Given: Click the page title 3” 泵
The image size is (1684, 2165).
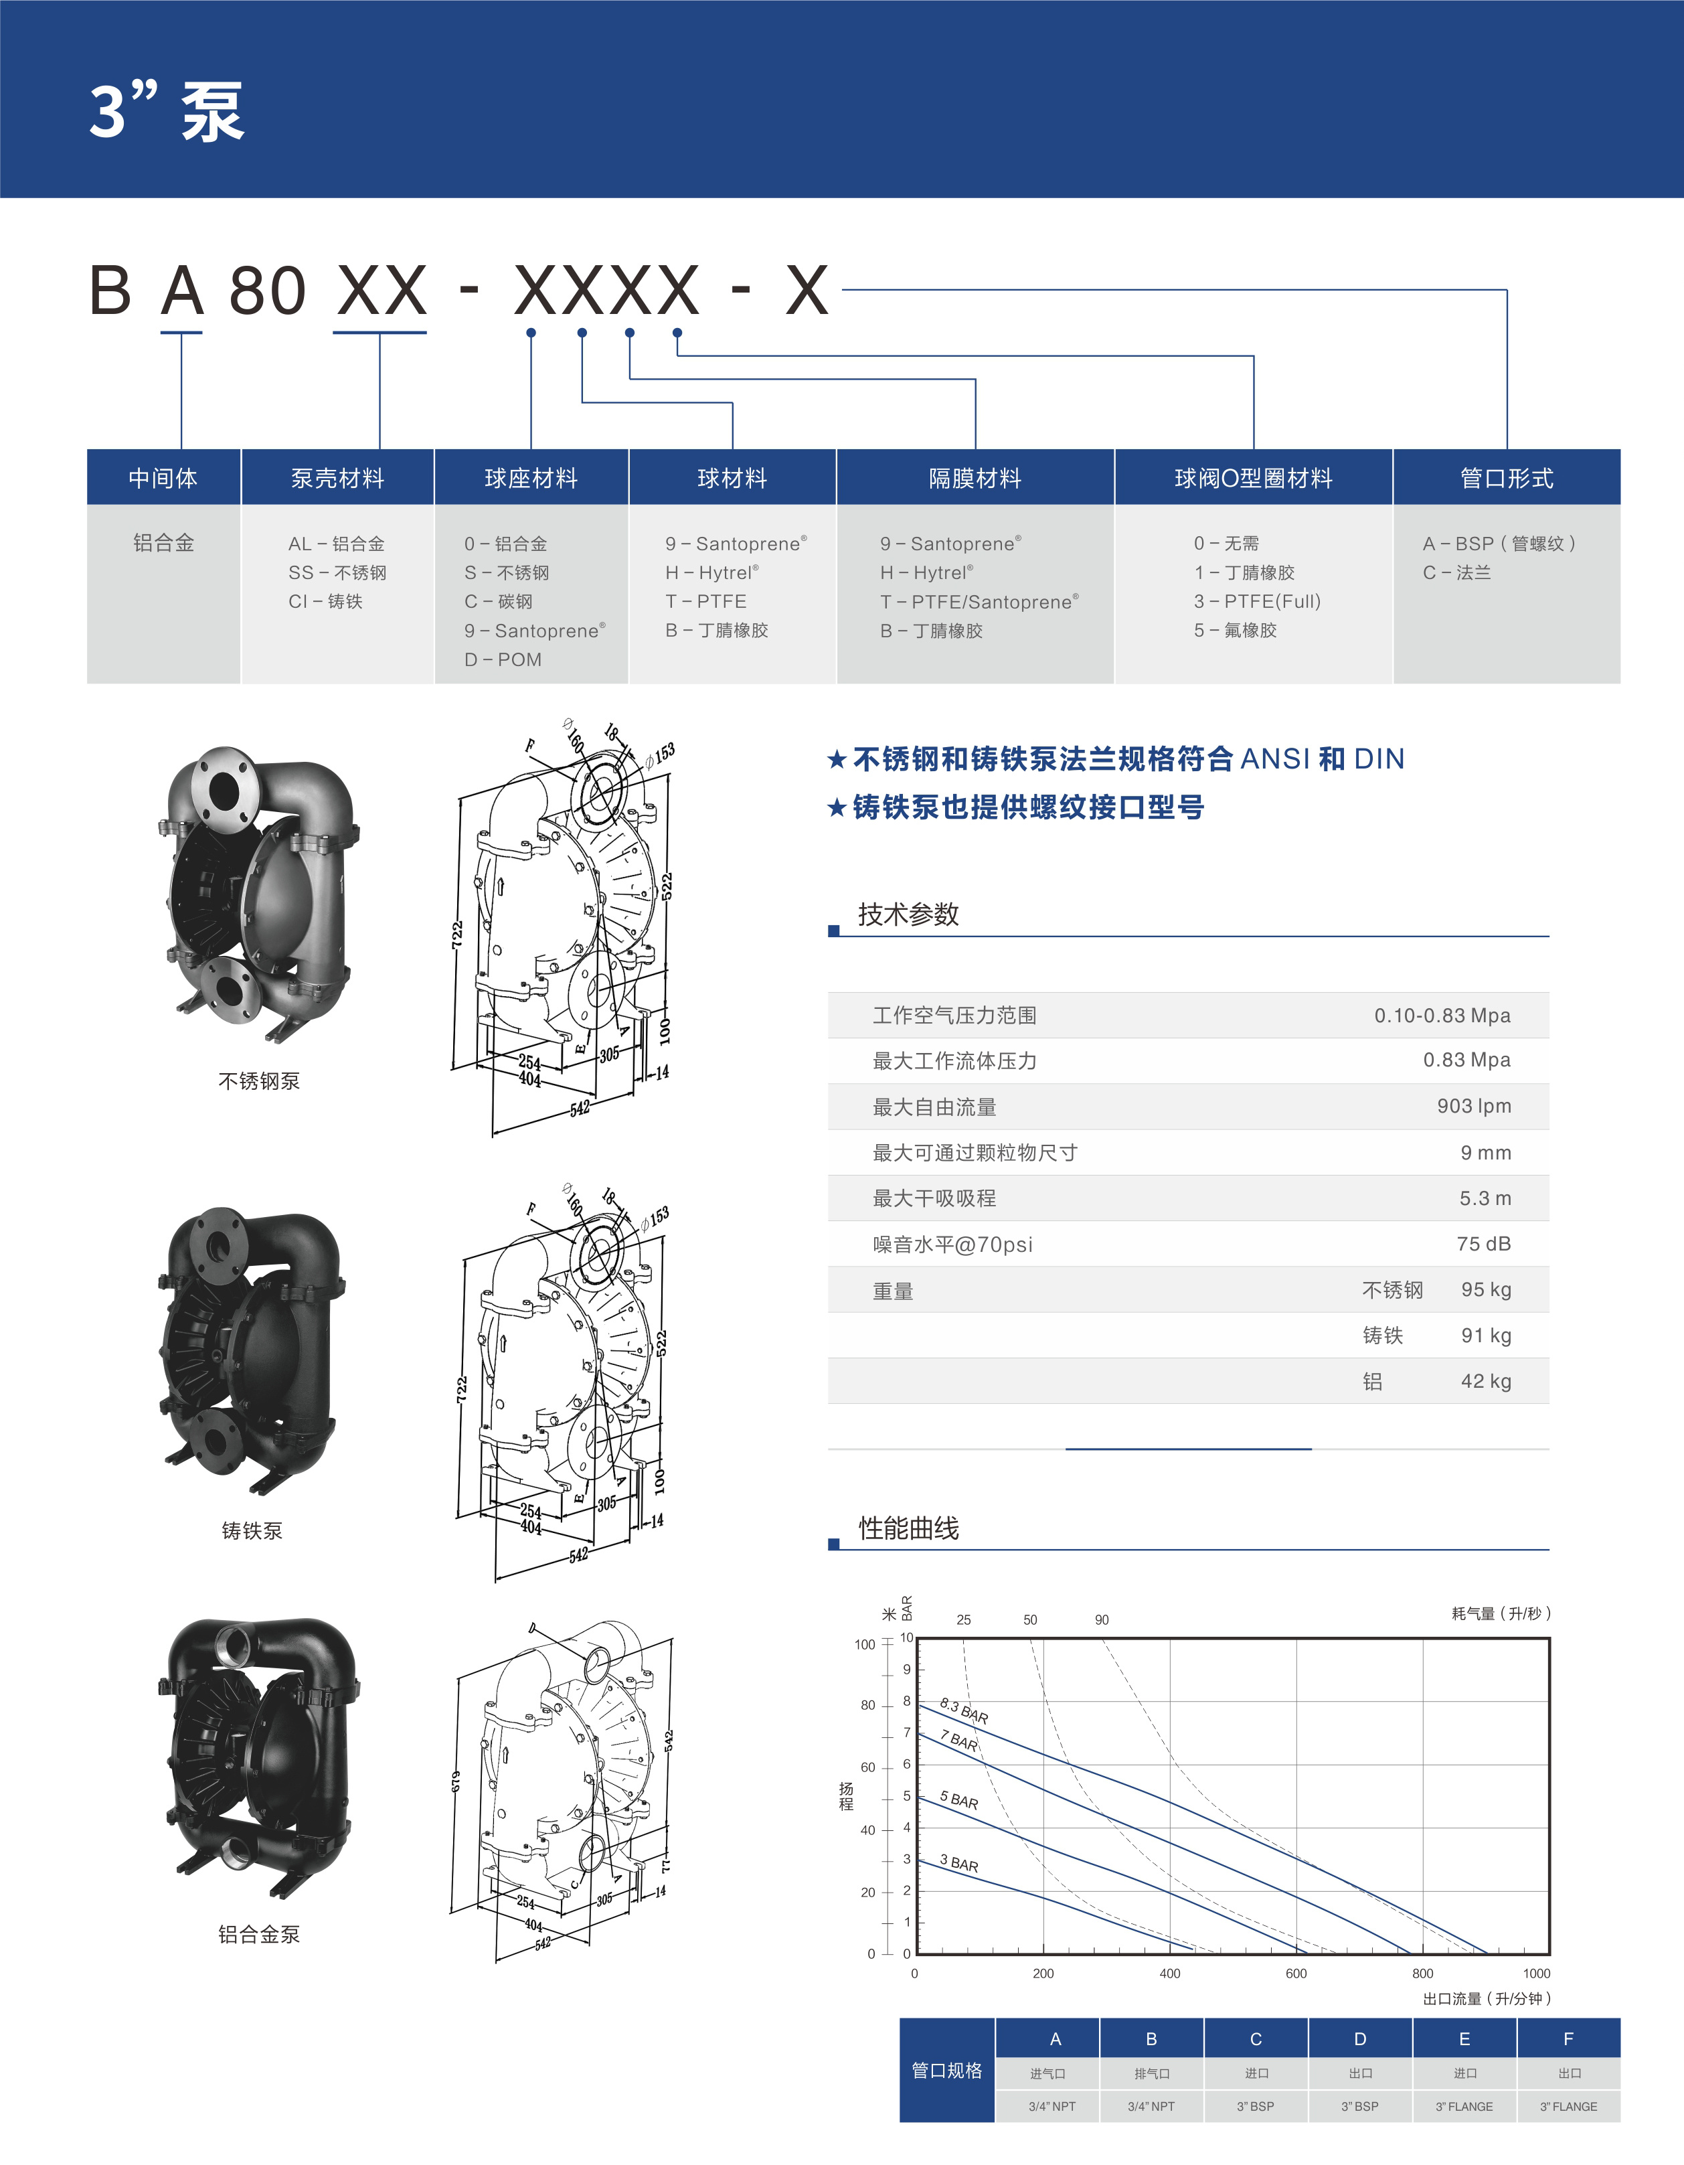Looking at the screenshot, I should pos(167,111).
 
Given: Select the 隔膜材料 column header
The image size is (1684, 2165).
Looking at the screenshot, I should pos(975,478).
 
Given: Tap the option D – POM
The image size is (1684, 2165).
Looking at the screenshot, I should pos(503,659).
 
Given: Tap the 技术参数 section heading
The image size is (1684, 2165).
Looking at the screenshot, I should pos(908,914).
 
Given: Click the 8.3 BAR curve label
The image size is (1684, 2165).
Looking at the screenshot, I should pos(963,1710).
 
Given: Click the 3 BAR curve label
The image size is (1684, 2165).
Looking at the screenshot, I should pos(958,1864).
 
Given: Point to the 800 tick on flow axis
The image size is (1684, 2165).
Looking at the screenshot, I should pos(1422,1973).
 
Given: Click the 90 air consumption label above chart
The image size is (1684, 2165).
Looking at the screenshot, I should pos(1101,1620).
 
